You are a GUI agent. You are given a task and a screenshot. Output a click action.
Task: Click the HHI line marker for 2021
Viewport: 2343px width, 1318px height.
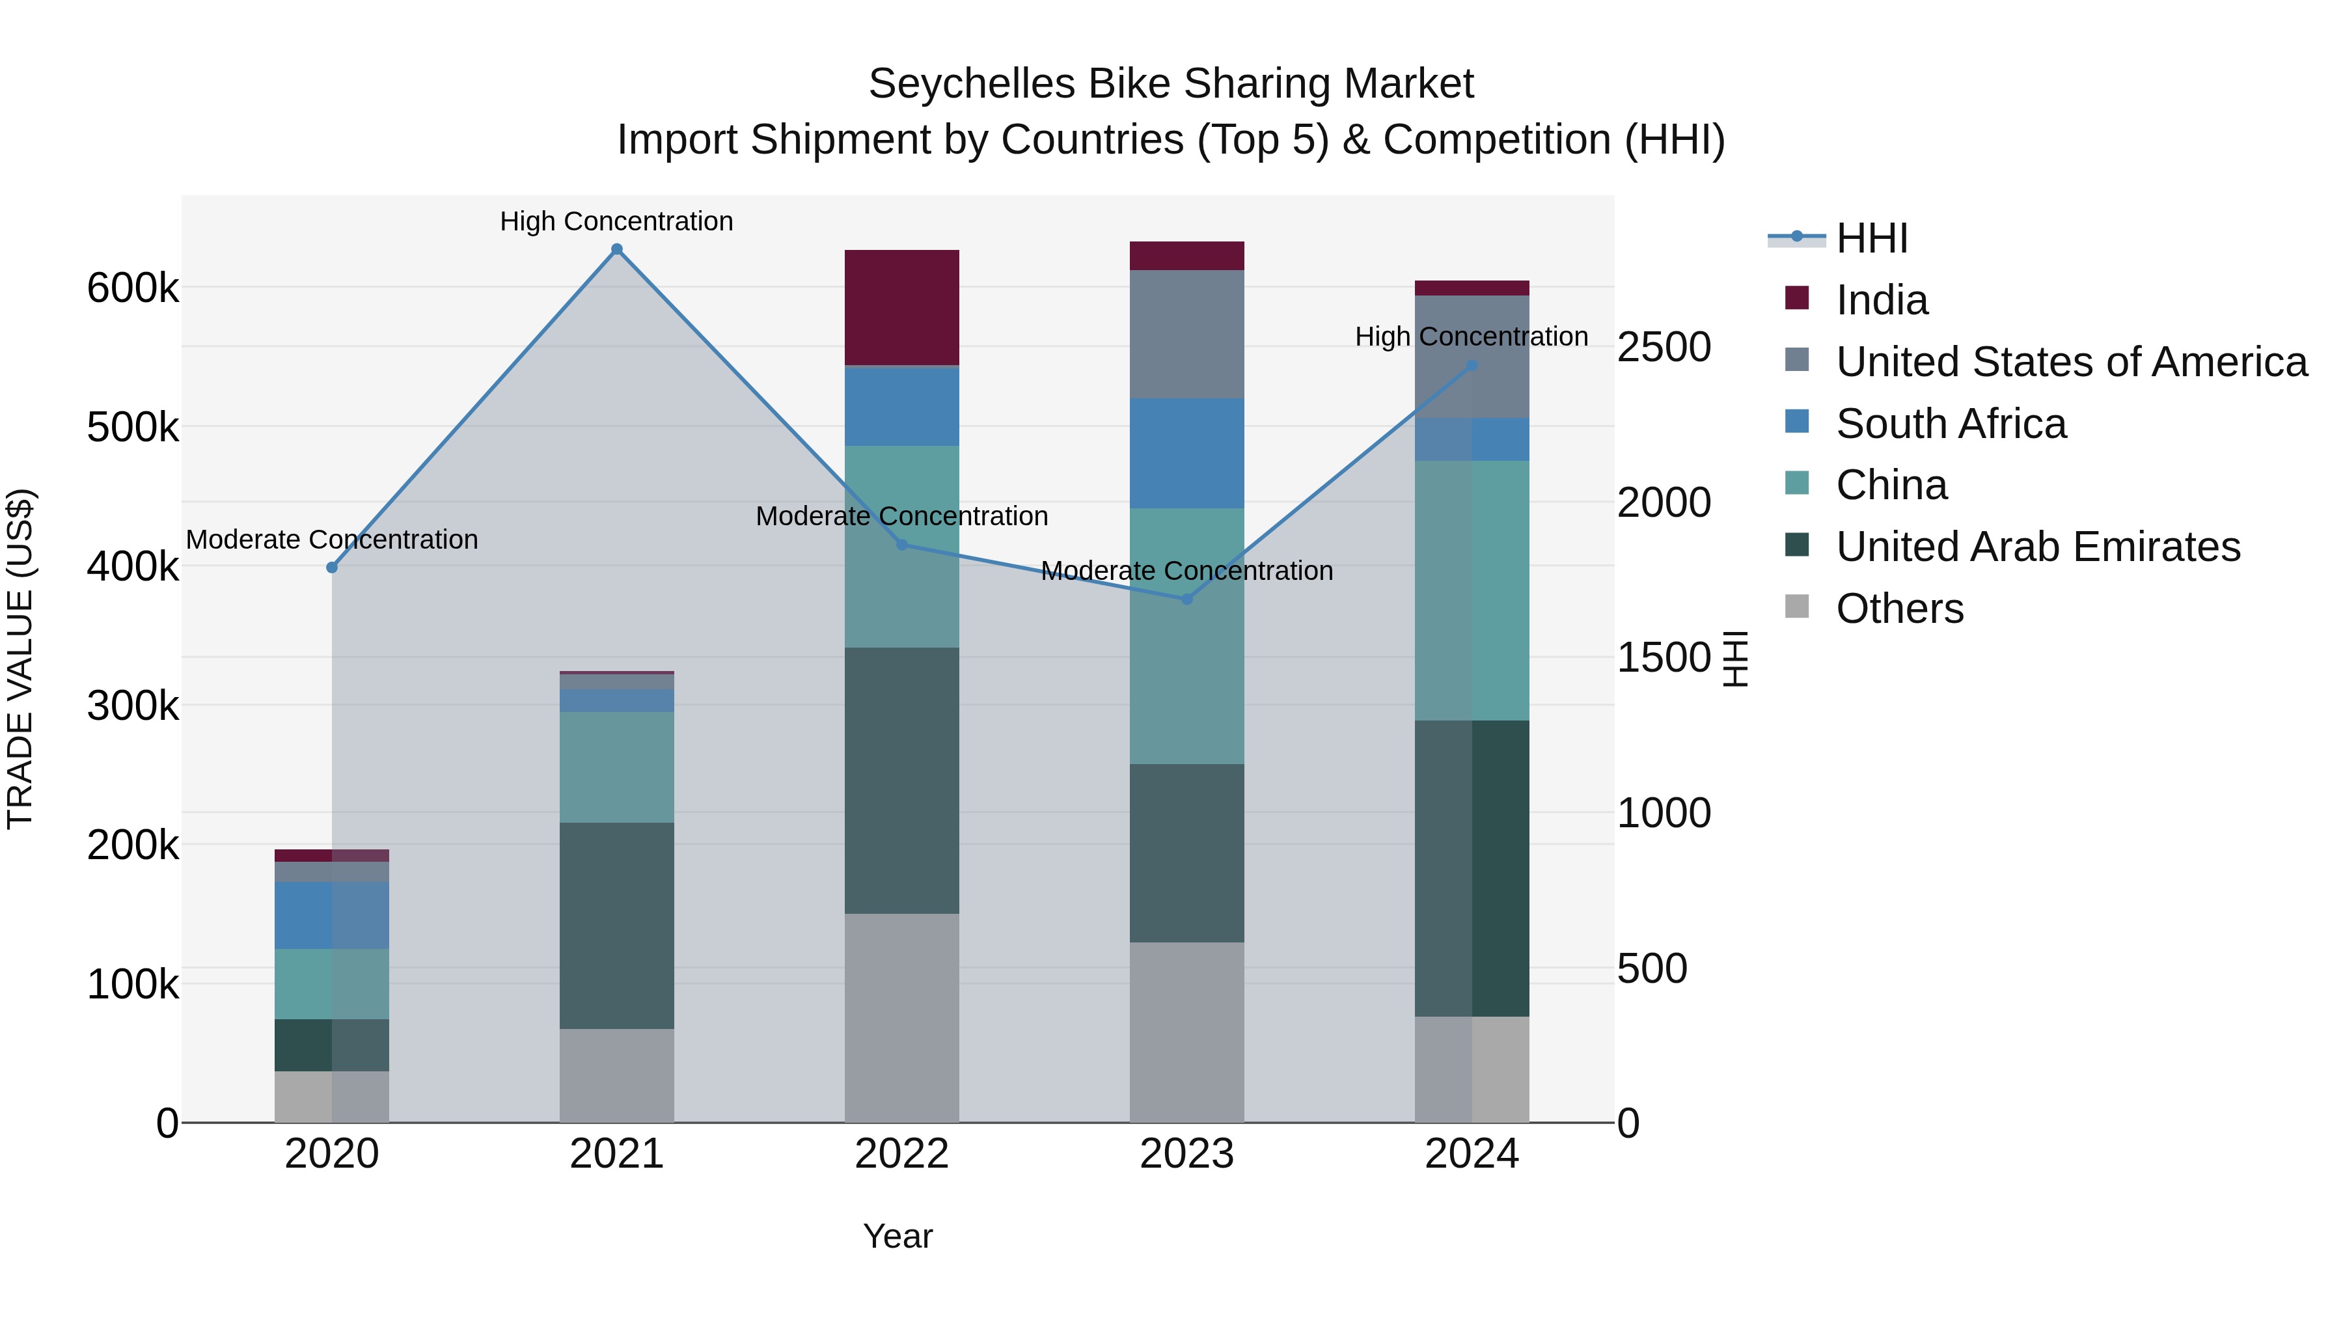click(617, 249)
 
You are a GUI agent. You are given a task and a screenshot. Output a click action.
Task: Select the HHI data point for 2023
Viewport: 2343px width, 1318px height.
click(1186, 599)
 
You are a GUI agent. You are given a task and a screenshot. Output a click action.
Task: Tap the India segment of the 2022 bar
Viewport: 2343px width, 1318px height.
click(901, 307)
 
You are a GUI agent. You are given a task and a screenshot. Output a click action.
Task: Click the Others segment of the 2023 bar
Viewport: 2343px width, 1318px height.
click(1186, 1032)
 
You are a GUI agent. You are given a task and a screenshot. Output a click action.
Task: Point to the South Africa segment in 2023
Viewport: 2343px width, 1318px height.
click(1186, 453)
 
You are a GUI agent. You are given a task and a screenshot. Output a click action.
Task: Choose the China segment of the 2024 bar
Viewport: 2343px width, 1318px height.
click(1472, 590)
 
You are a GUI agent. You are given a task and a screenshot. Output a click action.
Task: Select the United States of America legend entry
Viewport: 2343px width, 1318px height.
click(2070, 362)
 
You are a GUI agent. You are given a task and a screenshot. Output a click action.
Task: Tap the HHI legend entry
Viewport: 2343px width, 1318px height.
click(1871, 238)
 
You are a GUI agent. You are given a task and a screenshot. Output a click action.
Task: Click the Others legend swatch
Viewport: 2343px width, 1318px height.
click(1796, 607)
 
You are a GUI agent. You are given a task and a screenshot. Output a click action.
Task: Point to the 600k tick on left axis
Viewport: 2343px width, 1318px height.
click(133, 288)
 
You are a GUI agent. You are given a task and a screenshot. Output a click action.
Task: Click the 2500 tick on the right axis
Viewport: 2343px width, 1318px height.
click(1664, 348)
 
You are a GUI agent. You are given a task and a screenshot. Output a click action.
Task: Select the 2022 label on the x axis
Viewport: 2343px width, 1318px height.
click(901, 1154)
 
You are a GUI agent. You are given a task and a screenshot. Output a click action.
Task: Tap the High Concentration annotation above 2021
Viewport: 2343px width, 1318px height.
click(617, 221)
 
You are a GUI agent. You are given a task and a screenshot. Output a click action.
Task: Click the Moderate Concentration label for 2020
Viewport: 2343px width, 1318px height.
click(332, 540)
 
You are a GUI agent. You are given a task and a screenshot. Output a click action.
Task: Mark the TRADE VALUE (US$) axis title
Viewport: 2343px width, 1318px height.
click(20, 659)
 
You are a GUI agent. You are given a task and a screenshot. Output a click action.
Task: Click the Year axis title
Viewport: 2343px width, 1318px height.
click(897, 1236)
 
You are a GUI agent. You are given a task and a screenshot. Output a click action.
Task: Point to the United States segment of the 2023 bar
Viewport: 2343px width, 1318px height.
click(1186, 334)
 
